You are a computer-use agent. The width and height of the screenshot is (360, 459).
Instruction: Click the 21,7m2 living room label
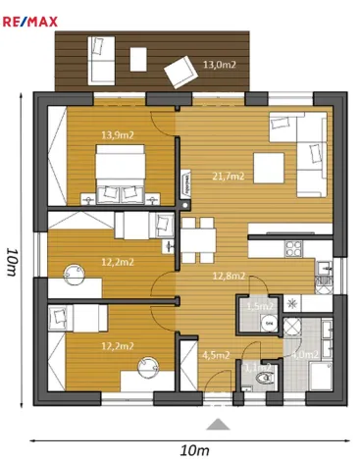[x=229, y=177]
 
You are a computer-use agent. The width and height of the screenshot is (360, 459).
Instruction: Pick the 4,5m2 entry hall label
[x=215, y=356]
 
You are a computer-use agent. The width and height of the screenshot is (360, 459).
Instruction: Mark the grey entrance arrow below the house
[x=218, y=424]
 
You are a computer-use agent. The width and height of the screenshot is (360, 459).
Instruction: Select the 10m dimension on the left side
[x=11, y=265]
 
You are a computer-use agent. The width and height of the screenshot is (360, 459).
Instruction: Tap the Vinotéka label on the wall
[x=185, y=181]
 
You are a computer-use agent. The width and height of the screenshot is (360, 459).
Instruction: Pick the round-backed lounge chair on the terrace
[x=180, y=71]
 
